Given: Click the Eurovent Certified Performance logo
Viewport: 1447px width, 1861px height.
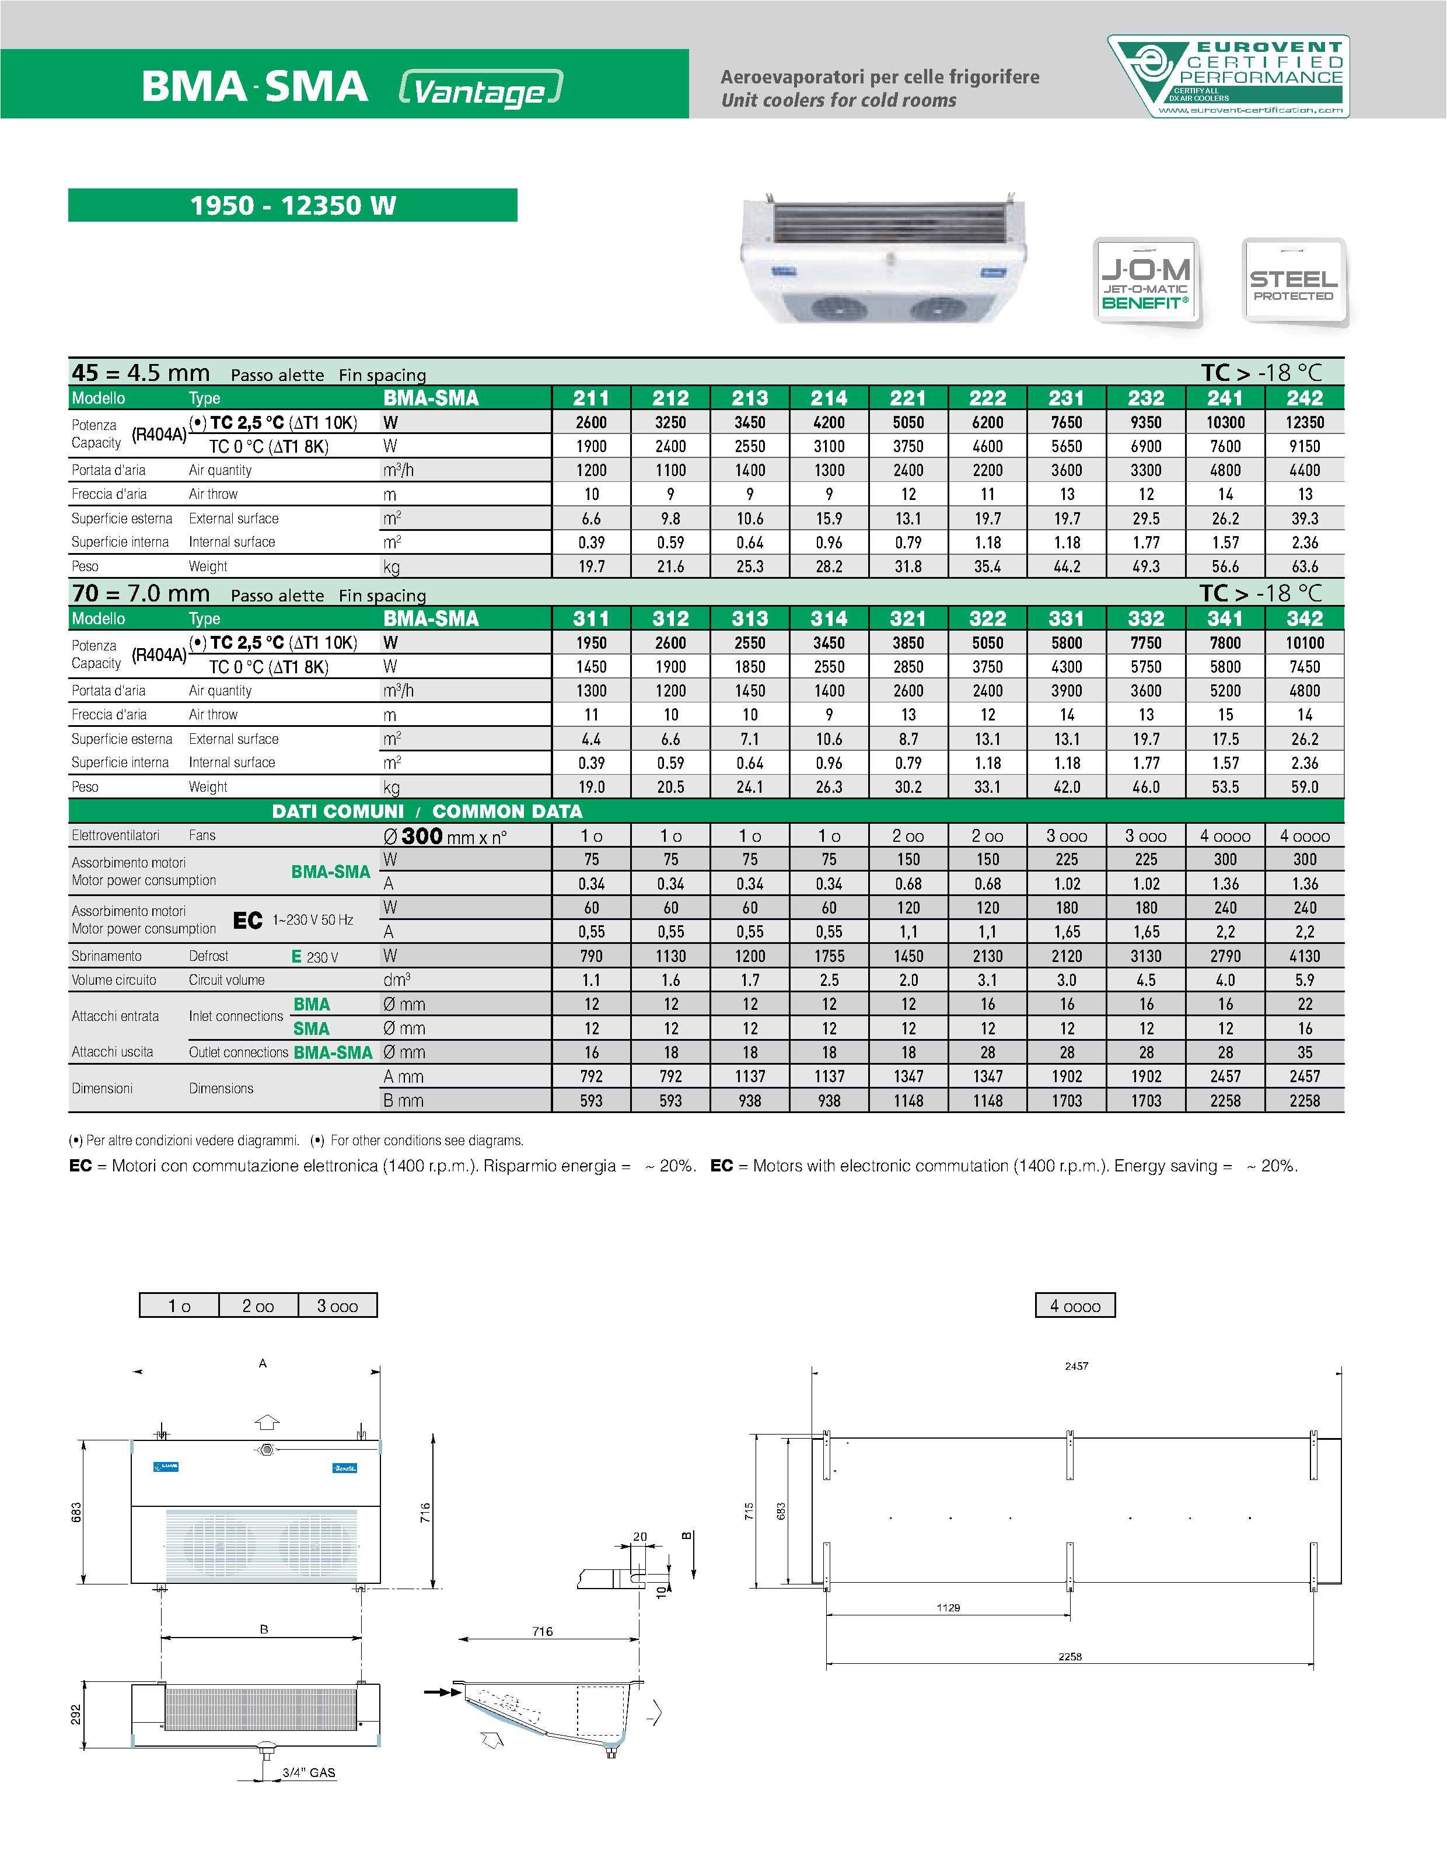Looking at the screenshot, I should coord(1228,76).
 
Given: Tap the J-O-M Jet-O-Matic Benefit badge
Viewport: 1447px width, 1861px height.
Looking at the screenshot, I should coord(1146,281).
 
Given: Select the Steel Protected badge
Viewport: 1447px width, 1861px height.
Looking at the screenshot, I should coord(1293,281).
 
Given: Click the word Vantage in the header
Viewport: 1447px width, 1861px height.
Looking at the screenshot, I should coord(480,89).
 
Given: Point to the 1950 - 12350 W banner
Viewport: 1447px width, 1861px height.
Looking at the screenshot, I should coord(292,205).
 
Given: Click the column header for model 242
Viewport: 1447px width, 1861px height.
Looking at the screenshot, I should coord(1304,398).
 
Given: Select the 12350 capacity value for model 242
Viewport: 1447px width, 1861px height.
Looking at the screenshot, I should coord(1304,422).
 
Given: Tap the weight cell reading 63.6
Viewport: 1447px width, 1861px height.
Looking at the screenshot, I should coord(1304,566).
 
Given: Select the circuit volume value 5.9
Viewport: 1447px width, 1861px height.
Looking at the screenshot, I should coord(1304,980).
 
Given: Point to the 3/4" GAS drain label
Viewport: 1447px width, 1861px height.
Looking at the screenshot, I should coord(309,1772).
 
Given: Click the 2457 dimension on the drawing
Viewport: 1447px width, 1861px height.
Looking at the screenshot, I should coord(1076,1366).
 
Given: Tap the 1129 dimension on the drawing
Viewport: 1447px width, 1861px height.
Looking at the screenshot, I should coord(948,1607).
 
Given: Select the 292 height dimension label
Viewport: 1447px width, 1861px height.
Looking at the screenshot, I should coord(76,1713).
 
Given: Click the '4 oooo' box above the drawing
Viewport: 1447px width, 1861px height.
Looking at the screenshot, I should coord(1075,1306).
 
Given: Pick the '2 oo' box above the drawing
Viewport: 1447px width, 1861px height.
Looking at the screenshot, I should coord(258,1306).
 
